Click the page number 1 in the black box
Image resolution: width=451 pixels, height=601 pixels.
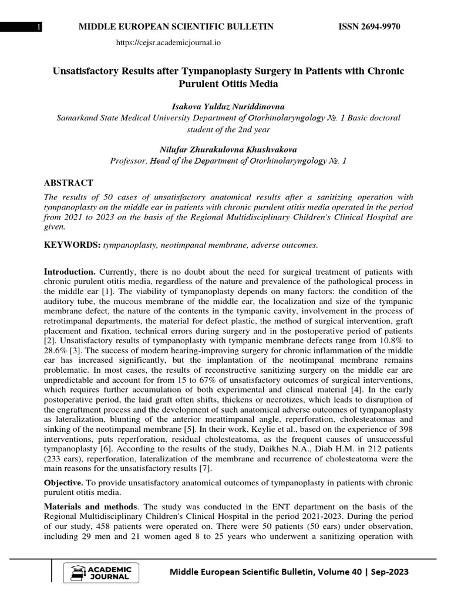(x=38, y=28)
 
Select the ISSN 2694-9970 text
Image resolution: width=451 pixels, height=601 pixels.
(x=371, y=27)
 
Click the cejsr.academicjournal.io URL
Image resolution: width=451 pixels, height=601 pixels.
(x=169, y=43)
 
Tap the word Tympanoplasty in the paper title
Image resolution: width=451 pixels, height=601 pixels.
(x=208, y=71)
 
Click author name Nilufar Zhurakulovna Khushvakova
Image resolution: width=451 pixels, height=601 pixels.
(x=228, y=149)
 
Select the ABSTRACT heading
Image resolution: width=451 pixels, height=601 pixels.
(x=69, y=183)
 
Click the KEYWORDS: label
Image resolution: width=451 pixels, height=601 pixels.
(x=72, y=245)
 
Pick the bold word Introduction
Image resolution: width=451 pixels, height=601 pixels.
(x=70, y=272)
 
